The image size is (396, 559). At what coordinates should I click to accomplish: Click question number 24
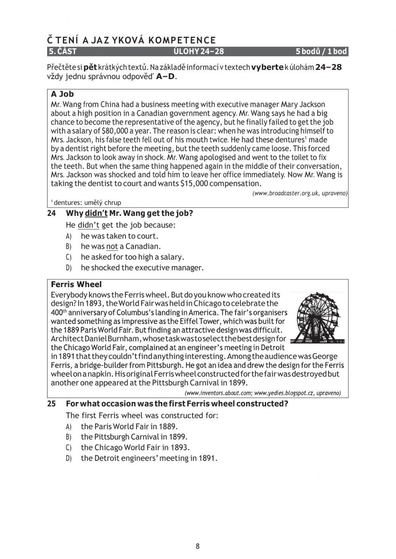pyautogui.click(x=51, y=214)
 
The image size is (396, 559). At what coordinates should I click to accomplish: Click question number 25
pyautogui.click(x=51, y=404)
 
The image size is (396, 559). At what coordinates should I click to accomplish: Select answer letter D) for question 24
pyautogui.click(x=69, y=268)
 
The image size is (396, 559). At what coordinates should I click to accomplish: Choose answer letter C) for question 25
pyautogui.click(x=69, y=448)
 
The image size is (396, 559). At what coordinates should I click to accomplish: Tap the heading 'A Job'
pyautogui.click(x=62, y=94)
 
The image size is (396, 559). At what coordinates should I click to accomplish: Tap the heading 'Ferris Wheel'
pyautogui.click(x=76, y=284)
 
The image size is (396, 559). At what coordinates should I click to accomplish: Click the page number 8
pyautogui.click(x=198, y=546)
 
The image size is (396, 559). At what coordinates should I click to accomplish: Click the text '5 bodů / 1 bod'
pyautogui.click(x=321, y=51)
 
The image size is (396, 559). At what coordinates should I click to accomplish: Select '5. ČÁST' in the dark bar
pyautogui.click(x=63, y=51)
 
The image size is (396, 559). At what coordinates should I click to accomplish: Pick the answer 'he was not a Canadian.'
pyautogui.click(x=120, y=246)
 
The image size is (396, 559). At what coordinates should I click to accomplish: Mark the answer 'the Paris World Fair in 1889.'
pyautogui.click(x=129, y=426)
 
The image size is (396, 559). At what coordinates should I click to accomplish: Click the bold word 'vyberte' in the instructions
pyautogui.click(x=267, y=67)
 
